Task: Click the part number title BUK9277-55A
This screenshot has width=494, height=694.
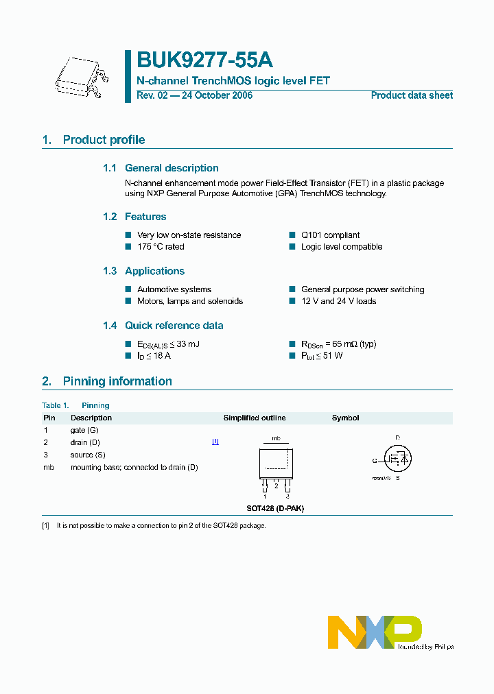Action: (199, 62)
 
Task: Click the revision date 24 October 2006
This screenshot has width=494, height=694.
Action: (216, 95)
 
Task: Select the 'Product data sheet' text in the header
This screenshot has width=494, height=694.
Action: (412, 95)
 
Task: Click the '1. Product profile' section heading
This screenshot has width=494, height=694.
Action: (93, 140)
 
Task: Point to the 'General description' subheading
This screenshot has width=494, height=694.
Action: (172, 168)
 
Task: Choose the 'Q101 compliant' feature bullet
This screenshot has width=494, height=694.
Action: (330, 235)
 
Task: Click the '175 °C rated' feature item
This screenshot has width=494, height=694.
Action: (161, 247)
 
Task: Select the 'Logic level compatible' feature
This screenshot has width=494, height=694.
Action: (342, 247)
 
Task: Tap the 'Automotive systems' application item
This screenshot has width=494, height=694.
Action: (174, 289)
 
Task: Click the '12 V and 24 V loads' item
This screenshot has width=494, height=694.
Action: (338, 301)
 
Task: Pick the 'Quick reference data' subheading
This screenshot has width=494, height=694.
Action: (174, 326)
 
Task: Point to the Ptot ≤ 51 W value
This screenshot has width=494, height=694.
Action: (322, 356)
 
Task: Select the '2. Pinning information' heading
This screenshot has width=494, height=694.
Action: (107, 381)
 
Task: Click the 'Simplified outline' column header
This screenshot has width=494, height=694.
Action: (255, 418)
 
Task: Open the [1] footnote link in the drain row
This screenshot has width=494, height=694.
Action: (215, 442)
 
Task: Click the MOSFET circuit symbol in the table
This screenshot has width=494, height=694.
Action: (397, 457)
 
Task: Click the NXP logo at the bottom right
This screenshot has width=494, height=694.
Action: (375, 632)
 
